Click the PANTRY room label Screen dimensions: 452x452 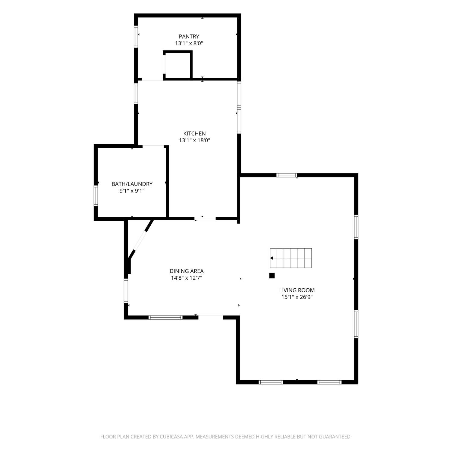[189, 36]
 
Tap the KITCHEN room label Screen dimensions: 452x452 [194, 133]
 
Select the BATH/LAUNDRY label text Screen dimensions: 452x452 [132, 184]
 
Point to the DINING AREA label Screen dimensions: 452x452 [187, 271]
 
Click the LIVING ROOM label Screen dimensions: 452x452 [297, 290]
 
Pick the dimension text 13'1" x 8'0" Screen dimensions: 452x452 [189, 43]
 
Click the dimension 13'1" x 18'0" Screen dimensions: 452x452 [194, 140]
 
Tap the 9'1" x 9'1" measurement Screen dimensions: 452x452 [132, 191]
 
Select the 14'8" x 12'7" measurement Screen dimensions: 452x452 [187, 278]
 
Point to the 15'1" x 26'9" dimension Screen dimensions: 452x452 [297, 297]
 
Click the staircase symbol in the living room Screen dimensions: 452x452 [291, 258]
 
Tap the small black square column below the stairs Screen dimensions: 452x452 [272, 275]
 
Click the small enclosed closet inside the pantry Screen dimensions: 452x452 [177, 65]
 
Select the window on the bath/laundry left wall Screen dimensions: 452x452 [96, 196]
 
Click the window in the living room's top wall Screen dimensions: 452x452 [287, 175]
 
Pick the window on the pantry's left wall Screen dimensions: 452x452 [136, 37]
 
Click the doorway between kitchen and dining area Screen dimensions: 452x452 [205, 218]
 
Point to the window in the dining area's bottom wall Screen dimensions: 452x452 [166, 317]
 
